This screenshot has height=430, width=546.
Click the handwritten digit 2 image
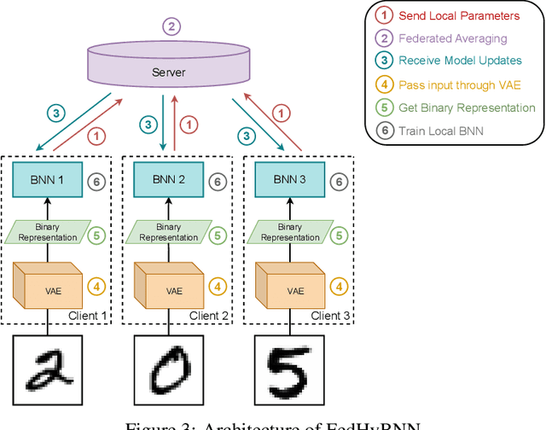[x=49, y=373]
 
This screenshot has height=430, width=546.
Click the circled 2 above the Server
[x=172, y=27]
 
